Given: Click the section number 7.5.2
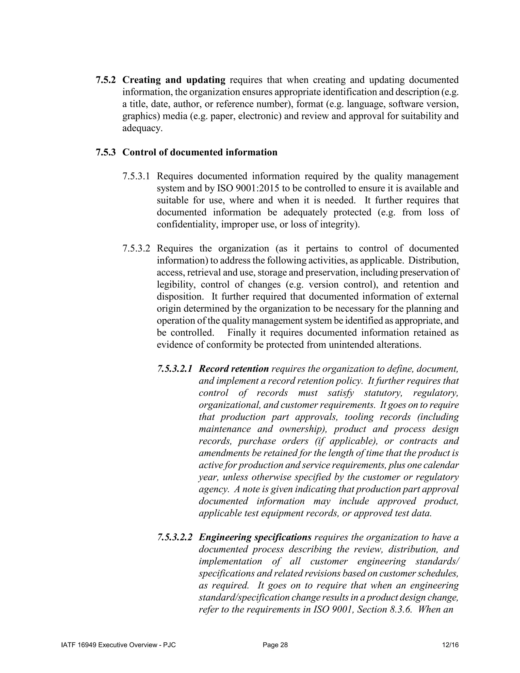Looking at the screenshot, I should [x=106, y=80].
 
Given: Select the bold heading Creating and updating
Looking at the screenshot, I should [x=174, y=80].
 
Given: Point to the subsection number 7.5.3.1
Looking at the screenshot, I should [x=136, y=176].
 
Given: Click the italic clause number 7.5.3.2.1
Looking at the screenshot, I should [x=175, y=368].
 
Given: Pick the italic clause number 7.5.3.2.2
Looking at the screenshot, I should [x=175, y=537].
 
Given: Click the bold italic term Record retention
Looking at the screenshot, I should [x=234, y=368].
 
